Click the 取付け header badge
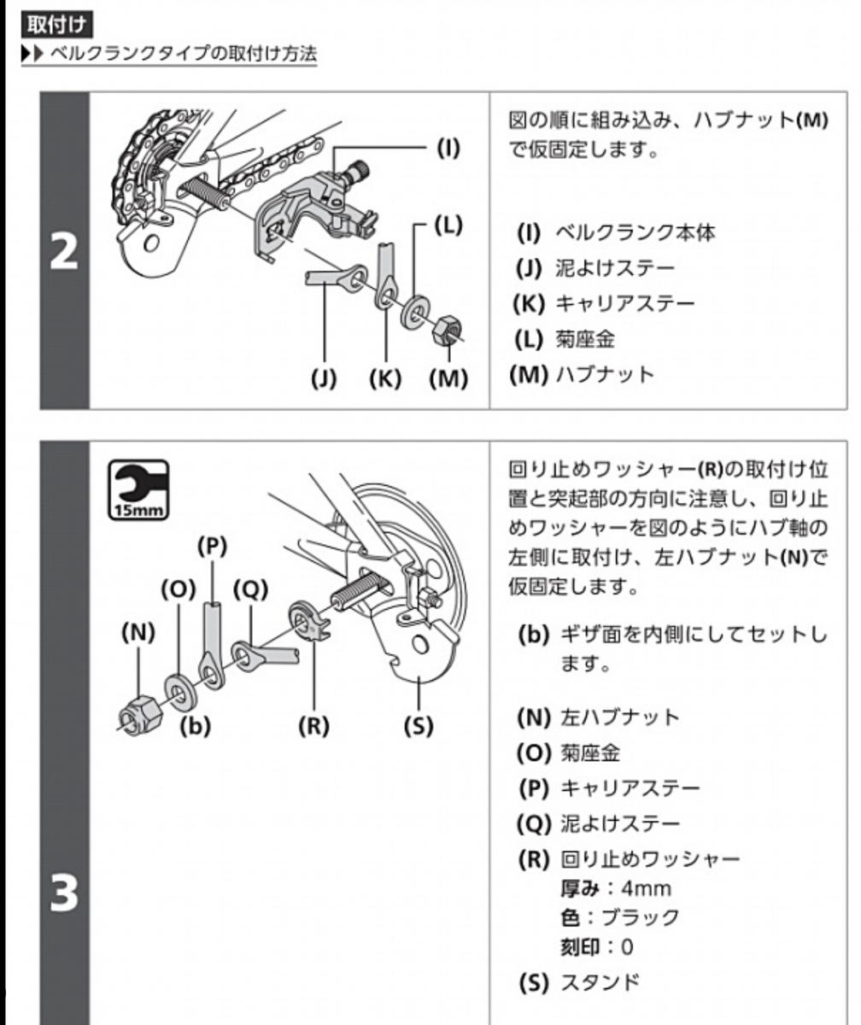(x=57, y=25)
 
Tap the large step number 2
(x=64, y=251)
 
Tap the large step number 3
(x=64, y=892)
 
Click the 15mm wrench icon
(x=138, y=489)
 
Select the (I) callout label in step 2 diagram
(x=448, y=148)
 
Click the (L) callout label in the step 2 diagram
(x=448, y=225)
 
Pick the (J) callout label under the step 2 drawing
(x=324, y=378)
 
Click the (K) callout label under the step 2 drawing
(x=385, y=378)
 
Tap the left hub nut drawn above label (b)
(x=141, y=715)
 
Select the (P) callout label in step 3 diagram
(x=212, y=547)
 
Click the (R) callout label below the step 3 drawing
(x=314, y=726)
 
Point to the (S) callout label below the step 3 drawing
(x=419, y=726)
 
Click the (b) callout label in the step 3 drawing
(x=195, y=726)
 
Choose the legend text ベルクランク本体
(x=635, y=232)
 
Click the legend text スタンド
(x=600, y=982)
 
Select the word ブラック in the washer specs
(x=640, y=917)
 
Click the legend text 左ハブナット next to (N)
(x=620, y=717)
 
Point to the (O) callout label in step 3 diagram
(x=179, y=589)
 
